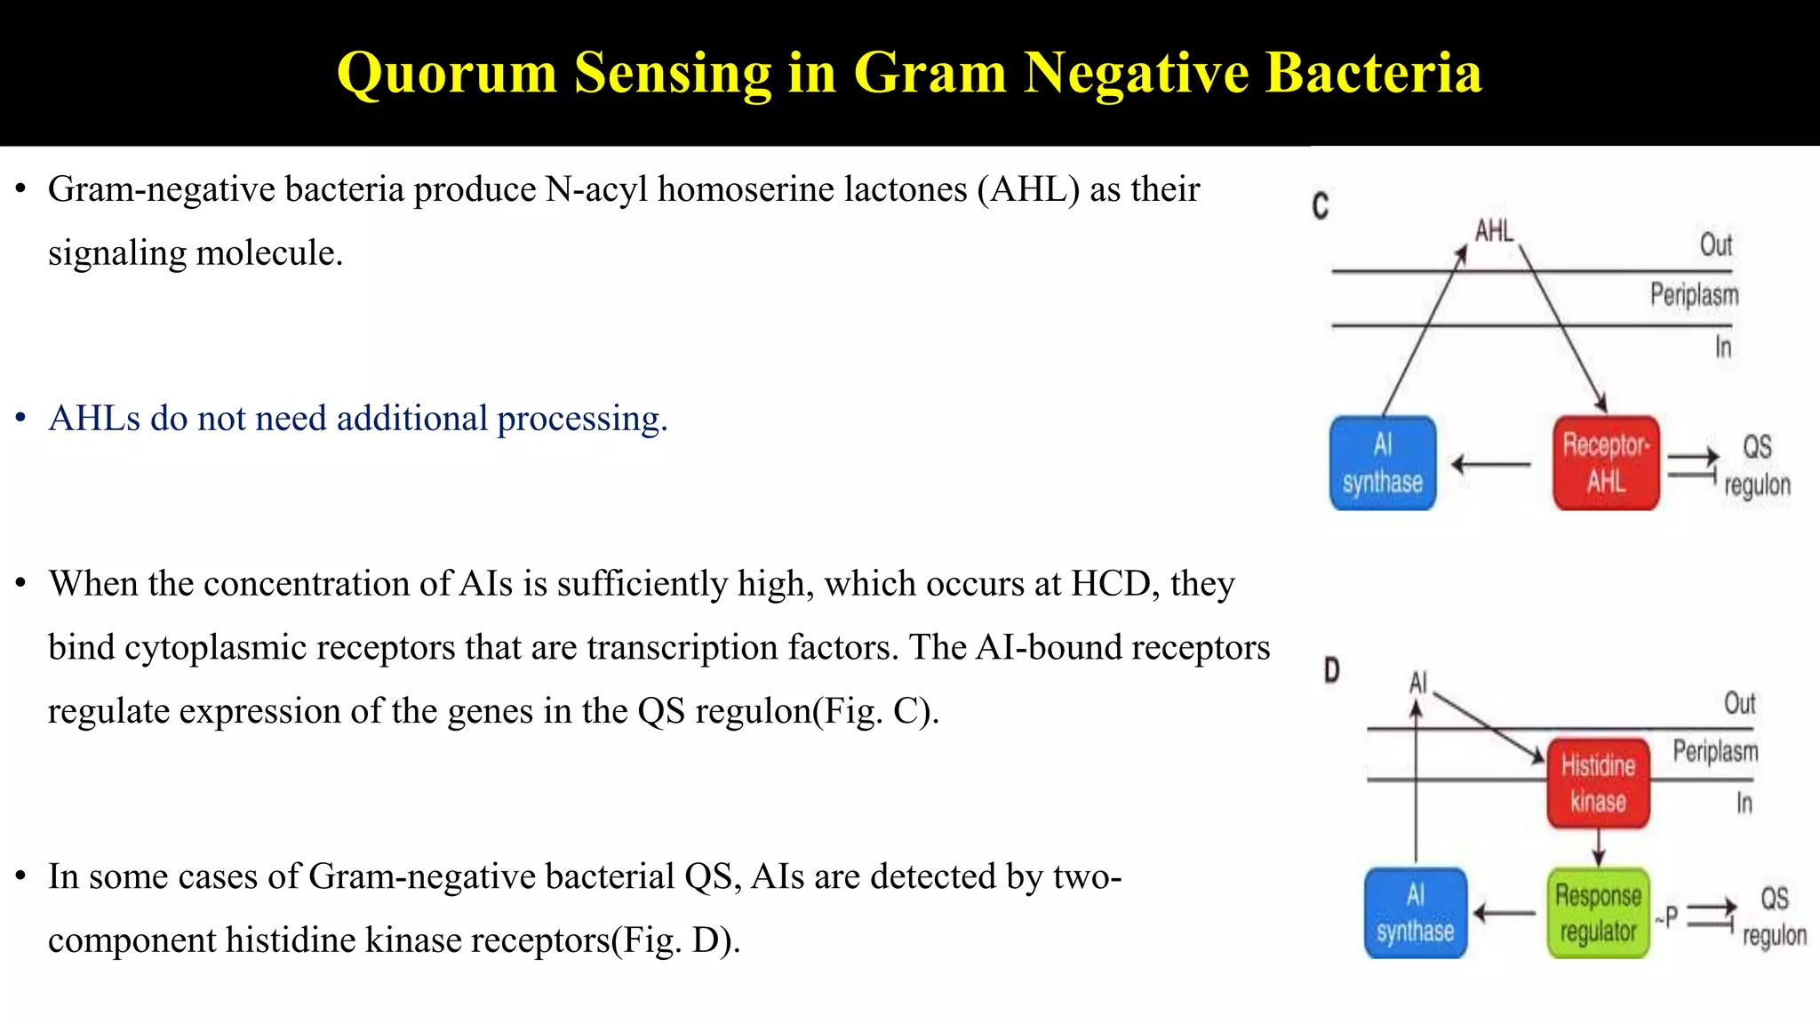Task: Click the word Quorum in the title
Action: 446,73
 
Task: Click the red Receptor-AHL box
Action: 1606,463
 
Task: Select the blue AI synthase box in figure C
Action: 1383,463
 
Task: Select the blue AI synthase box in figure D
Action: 1415,913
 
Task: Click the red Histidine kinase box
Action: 1598,783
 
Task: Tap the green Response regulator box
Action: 1598,913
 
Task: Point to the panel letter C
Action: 1321,206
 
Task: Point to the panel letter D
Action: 1331,669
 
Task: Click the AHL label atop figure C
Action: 1494,231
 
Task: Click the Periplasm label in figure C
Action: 1694,294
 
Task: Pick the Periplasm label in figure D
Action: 1715,751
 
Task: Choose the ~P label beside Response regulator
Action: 1667,916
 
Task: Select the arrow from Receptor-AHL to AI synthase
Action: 1491,464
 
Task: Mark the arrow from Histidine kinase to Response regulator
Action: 1599,847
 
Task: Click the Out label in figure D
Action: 1739,703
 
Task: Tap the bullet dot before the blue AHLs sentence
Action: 20,419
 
